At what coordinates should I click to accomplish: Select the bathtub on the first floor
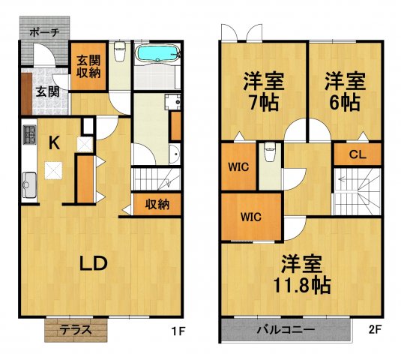pos(157,55)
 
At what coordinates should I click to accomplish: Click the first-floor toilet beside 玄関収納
pos(119,55)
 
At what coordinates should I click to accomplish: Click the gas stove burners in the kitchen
pos(29,136)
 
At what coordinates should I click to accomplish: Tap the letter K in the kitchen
pos(55,142)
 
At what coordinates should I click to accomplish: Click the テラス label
pos(76,329)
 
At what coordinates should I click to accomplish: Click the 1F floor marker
pos(177,328)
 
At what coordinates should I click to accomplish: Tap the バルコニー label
pos(285,329)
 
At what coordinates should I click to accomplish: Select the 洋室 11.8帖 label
pos(302,274)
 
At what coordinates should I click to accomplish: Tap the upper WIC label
pos(239,166)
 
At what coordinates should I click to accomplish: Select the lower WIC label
pos(250,217)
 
